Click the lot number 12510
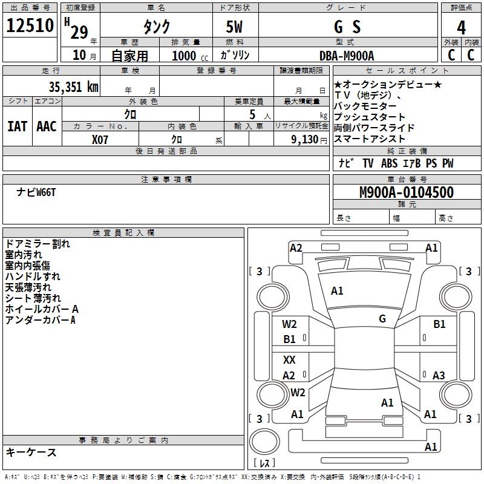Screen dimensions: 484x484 pyautogui.click(x=30, y=27)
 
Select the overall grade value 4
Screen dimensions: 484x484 pyautogui.click(x=462, y=27)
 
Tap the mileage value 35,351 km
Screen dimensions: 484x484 pyautogui.click(x=73, y=87)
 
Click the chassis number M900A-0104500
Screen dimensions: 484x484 pyautogui.click(x=407, y=192)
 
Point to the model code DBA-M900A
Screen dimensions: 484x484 pyautogui.click(x=347, y=56)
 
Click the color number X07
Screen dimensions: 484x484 pyautogui.click(x=100, y=138)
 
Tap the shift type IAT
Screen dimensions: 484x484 pyautogui.click(x=17, y=126)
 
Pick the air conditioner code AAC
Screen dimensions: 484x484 pyautogui.click(x=46, y=126)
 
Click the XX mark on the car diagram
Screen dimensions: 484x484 pyautogui.click(x=289, y=360)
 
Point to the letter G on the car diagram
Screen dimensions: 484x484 pyautogui.click(x=382, y=319)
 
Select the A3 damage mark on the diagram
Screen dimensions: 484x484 pyautogui.click(x=439, y=376)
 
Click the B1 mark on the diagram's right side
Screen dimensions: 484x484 pyautogui.click(x=439, y=325)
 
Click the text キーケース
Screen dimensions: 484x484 pyautogui.click(x=31, y=453)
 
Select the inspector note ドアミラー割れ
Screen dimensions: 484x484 pyautogui.click(x=38, y=244)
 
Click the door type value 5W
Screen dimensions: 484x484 pyautogui.click(x=235, y=27)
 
